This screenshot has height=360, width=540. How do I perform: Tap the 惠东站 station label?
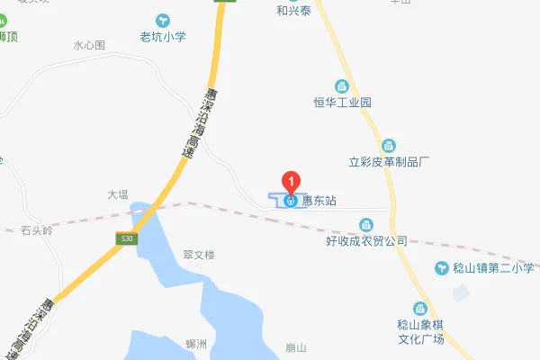click(x=320, y=201)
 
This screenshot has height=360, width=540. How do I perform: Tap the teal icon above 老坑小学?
click(x=163, y=20)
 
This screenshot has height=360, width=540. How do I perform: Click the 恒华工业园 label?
click(x=342, y=103)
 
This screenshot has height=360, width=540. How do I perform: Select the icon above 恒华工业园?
click(x=342, y=85)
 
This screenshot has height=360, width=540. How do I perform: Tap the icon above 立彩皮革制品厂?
click(x=389, y=145)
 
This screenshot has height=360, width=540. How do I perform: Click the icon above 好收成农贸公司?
click(x=366, y=224)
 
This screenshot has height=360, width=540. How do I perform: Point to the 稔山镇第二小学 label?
click(x=492, y=268)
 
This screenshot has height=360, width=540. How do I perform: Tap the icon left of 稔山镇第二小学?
click(x=442, y=268)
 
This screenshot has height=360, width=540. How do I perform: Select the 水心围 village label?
click(x=89, y=44)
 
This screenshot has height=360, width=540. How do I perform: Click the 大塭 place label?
click(x=119, y=193)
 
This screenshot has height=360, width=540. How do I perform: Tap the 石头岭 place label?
click(x=37, y=230)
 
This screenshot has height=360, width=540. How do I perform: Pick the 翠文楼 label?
click(x=199, y=256)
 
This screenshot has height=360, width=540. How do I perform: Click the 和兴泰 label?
click(x=294, y=12)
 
